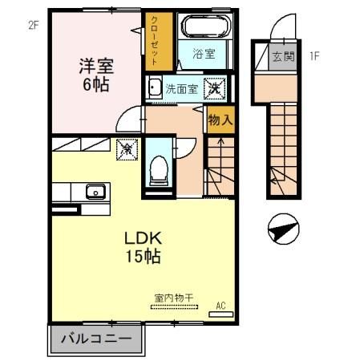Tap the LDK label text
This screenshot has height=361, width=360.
point(143,238)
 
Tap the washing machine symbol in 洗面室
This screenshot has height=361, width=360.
point(215,88)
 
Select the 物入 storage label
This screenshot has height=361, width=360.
point(219,120)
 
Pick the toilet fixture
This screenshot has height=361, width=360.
point(159,168)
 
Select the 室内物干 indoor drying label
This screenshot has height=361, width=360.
point(174,298)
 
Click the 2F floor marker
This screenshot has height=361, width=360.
point(33,24)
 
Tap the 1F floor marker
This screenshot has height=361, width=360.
point(314,56)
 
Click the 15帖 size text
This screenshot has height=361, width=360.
point(143,258)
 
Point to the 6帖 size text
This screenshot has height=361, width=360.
point(95,83)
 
